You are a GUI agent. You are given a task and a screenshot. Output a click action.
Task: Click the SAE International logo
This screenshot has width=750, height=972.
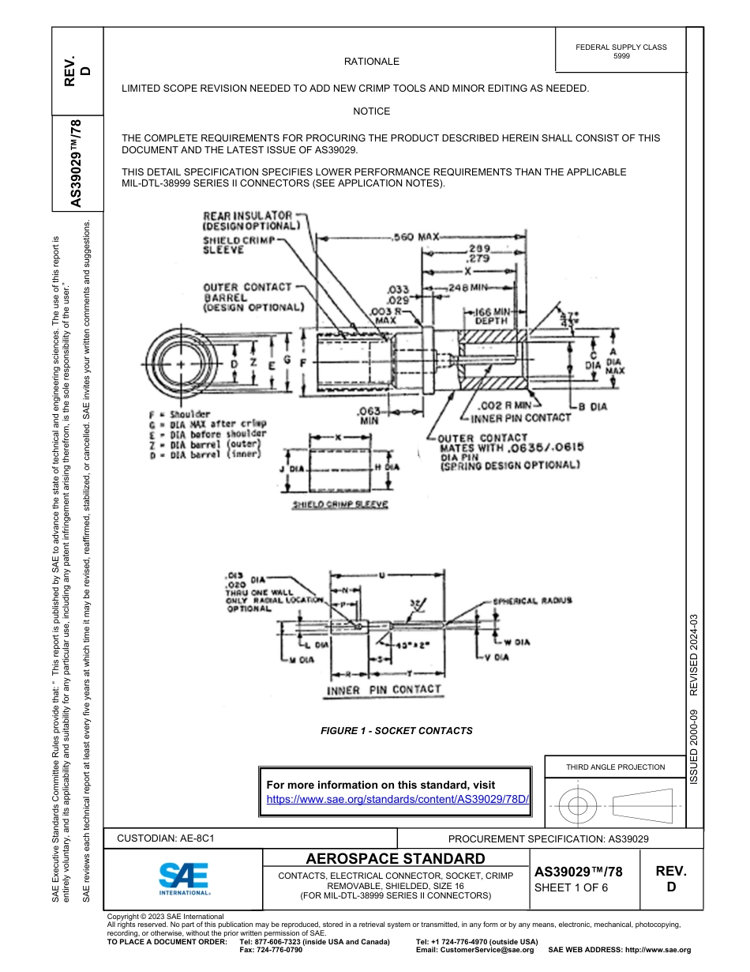(x=183, y=878)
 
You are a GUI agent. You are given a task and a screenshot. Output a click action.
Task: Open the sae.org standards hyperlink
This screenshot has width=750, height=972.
(x=397, y=799)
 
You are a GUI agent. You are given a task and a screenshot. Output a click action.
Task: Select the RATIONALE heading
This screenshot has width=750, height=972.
(x=371, y=62)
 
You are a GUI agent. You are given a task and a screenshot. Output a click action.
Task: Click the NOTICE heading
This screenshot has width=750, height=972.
(x=371, y=111)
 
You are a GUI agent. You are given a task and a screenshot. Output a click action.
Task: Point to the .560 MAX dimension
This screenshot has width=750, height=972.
(x=415, y=236)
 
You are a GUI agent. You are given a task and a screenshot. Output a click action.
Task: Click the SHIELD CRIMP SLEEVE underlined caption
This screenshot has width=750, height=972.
(x=339, y=505)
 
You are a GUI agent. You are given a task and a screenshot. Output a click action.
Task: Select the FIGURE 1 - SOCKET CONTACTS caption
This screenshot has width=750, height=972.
(x=396, y=731)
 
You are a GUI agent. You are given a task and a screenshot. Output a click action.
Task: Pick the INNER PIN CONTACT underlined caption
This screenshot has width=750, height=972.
(x=384, y=690)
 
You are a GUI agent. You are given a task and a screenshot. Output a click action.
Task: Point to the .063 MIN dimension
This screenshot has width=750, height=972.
(x=369, y=416)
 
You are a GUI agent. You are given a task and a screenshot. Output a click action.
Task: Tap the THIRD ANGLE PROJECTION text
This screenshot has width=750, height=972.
(x=615, y=767)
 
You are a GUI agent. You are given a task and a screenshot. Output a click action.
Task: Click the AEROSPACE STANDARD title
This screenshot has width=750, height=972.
(x=396, y=859)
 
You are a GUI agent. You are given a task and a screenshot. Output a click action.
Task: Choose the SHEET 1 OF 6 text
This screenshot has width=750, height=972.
(x=571, y=887)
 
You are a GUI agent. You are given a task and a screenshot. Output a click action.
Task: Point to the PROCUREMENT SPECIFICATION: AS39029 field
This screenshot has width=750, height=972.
(x=548, y=839)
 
